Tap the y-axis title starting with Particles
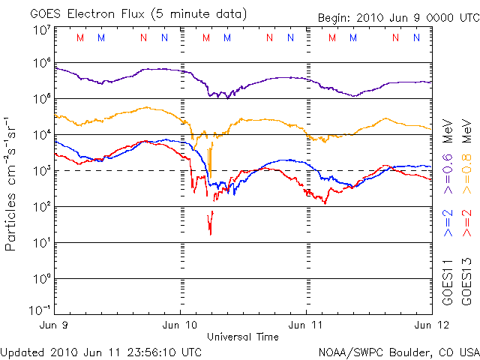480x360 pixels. click(13, 183)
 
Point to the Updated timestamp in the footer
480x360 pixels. click(101, 351)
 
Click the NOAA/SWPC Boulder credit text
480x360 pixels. click(397, 351)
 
